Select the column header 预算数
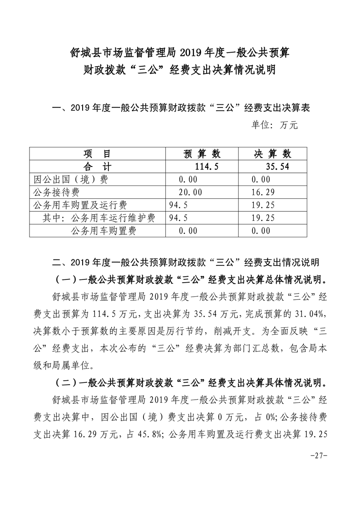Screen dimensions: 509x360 click(202, 153)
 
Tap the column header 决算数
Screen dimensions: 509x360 click(272, 153)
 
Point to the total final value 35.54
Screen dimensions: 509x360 click(278, 166)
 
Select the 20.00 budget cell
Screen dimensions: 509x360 click(190, 192)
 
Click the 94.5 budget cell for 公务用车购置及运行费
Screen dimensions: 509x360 click(178, 205)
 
